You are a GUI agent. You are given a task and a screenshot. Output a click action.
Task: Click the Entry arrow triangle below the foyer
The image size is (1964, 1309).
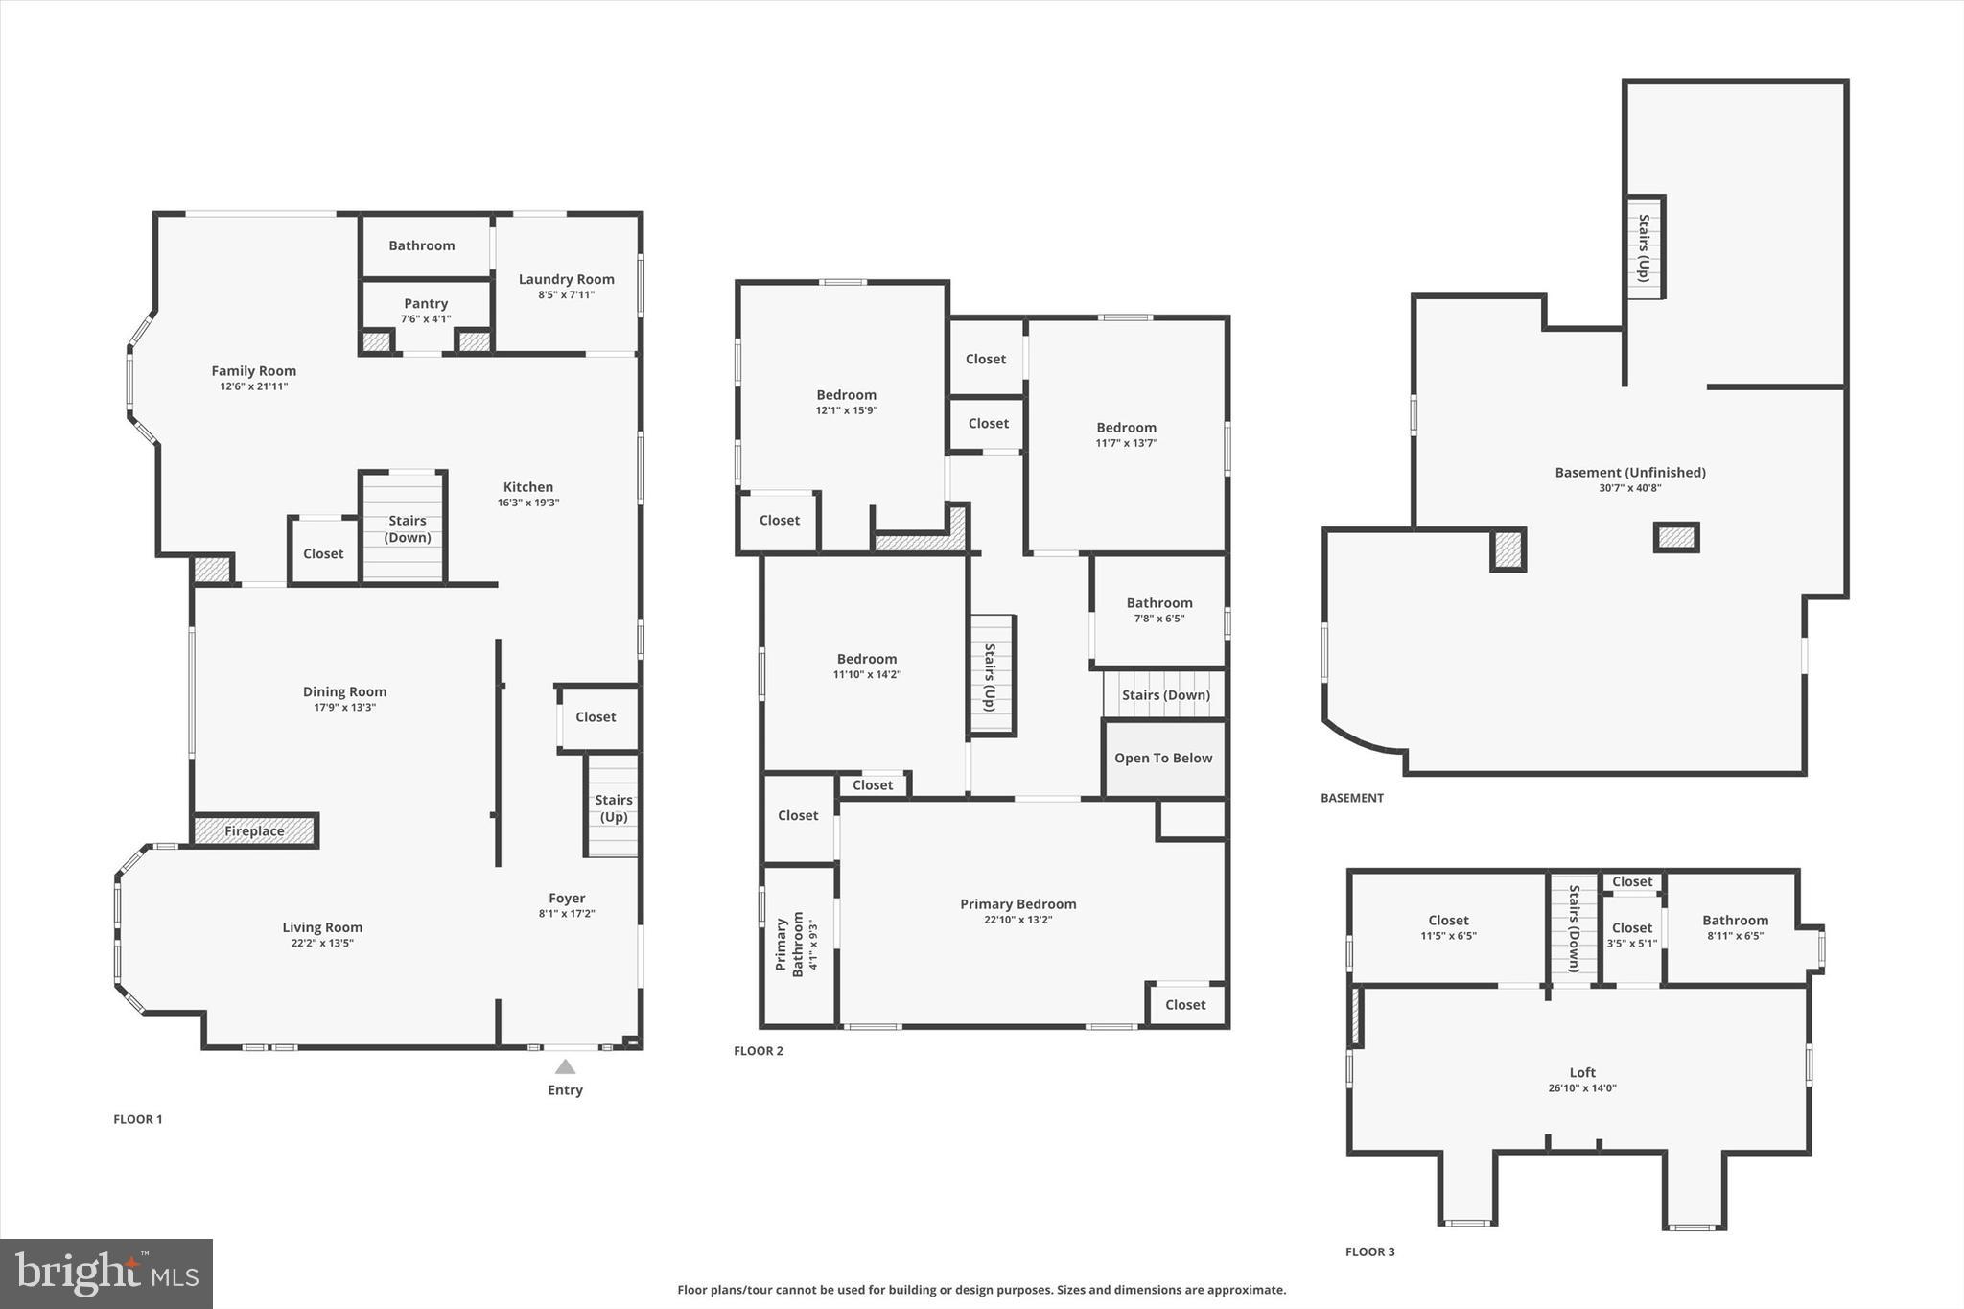coord(565,1066)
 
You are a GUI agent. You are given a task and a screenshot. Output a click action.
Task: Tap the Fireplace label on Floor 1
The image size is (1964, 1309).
coord(254,831)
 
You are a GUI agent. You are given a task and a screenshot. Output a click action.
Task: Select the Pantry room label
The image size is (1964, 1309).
coord(426,304)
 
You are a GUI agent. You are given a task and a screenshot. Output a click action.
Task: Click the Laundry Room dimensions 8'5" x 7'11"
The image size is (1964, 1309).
coord(566,295)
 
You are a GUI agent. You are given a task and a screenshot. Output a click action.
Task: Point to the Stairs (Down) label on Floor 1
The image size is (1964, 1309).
coord(408,529)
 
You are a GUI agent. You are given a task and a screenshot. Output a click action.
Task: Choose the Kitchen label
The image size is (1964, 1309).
coord(528,487)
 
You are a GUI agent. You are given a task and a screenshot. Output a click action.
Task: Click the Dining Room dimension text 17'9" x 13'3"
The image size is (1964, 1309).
coord(344,708)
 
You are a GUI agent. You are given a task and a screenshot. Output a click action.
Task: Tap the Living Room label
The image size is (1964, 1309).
coord(322,927)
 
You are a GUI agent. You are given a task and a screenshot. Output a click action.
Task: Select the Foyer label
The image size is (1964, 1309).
coord(567,899)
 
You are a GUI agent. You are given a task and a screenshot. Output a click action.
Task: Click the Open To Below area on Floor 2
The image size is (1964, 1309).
coord(1163,759)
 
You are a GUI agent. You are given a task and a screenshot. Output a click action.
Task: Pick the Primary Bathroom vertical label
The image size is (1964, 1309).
coord(790,946)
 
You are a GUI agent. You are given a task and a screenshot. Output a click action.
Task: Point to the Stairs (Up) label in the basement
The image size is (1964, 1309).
coord(1644,247)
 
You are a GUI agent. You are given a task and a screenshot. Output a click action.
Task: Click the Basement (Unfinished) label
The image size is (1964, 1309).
coord(1629,473)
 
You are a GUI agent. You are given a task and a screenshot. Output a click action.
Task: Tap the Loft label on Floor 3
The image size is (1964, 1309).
coord(1582,1073)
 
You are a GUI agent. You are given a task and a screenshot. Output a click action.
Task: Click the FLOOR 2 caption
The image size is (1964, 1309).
coord(759,1051)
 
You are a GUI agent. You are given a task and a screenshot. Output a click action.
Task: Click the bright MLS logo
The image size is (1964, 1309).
coord(106,1274)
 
